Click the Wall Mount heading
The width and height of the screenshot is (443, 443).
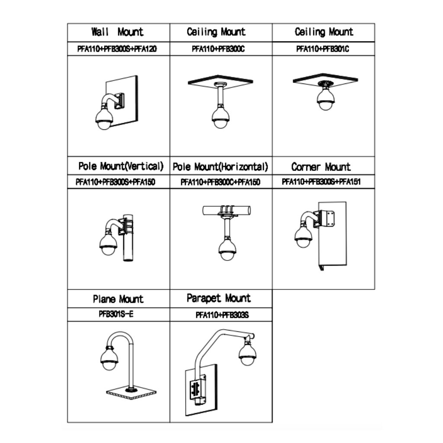coord(117,32)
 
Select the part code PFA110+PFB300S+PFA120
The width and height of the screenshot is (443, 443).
coord(117,49)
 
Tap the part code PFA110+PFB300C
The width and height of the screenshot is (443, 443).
coord(218,49)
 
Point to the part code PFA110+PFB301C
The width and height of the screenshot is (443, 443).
coord(323,49)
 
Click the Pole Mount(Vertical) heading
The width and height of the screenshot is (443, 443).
coord(121,166)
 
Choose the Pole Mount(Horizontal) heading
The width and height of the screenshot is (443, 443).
coord(220,167)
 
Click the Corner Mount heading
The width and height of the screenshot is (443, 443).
coord(321,167)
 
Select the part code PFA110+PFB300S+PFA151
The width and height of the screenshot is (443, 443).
coord(321,182)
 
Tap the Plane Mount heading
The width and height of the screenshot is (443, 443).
coord(118,299)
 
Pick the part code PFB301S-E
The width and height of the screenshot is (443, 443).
coord(116,314)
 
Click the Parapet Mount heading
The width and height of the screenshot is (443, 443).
coord(218,299)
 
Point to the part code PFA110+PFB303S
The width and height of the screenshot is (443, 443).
coord(222,315)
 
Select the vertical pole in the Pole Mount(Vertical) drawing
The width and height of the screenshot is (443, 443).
coord(128,238)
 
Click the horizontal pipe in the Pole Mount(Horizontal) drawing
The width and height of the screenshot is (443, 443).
coord(227,210)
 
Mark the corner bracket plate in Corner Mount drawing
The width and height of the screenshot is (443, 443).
coord(327,218)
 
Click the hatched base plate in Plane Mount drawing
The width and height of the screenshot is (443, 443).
coord(132,392)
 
